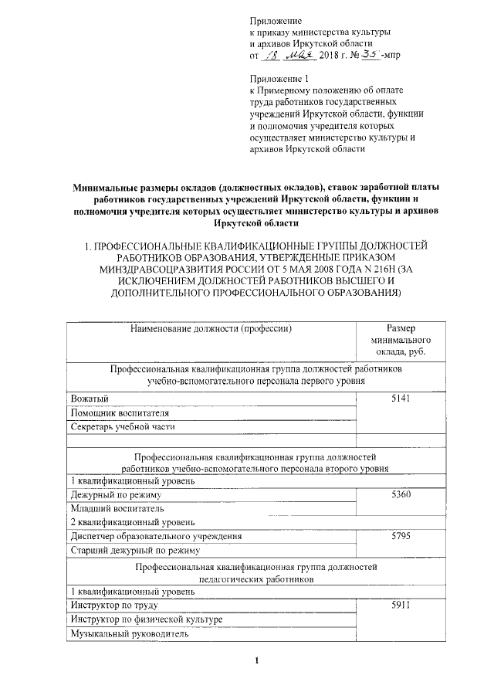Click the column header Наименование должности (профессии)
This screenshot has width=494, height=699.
pos(208,327)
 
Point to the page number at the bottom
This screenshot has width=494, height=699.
pos(257,661)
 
